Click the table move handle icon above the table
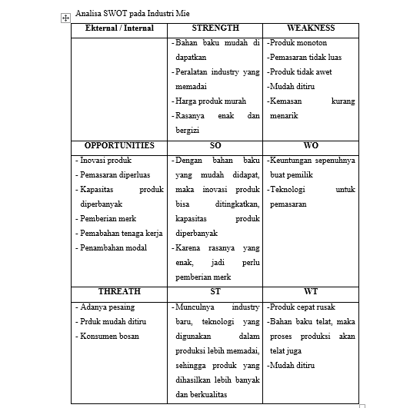[65, 17]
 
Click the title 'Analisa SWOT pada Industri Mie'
[132, 15]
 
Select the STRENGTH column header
[215, 28]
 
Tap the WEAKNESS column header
[310, 28]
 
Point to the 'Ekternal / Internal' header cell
[119, 28]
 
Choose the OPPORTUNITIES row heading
[119, 145]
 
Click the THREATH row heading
[119, 292]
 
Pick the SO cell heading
[215, 145]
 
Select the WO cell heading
[310, 145]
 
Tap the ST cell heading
[215, 292]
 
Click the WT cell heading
[310, 292]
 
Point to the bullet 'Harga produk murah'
[211, 101]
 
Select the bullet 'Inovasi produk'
[106, 161]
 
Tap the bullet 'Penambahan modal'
[112, 248]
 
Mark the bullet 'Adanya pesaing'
[108, 307]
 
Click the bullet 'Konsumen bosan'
[110, 337]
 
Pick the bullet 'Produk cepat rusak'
[303, 307]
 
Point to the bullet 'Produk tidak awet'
[301, 72]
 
